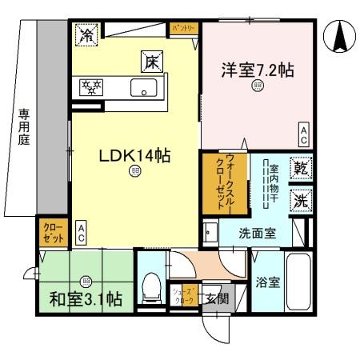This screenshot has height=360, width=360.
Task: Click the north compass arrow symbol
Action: pyautogui.click(x=338, y=36)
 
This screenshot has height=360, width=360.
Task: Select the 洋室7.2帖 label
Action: pyautogui.click(x=258, y=70)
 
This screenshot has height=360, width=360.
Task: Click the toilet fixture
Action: pyautogui.click(x=151, y=284)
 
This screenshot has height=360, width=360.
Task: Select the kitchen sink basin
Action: pyautogui.click(x=143, y=89)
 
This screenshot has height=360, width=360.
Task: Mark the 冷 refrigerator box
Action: pyautogui.click(x=86, y=34)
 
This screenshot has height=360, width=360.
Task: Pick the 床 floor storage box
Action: pyautogui.click(x=150, y=59)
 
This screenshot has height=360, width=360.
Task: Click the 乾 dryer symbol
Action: pyautogui.click(x=300, y=169)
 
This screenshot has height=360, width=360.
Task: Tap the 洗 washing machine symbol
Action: pyautogui.click(x=300, y=202)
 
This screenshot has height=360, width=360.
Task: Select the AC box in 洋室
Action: pyautogui.click(x=304, y=134)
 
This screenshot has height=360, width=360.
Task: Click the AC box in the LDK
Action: pyautogui.click(x=82, y=233)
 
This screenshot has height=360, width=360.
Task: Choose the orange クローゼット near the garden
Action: pyautogui.click(x=52, y=234)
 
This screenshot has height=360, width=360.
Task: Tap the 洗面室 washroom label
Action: pyautogui.click(x=258, y=234)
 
